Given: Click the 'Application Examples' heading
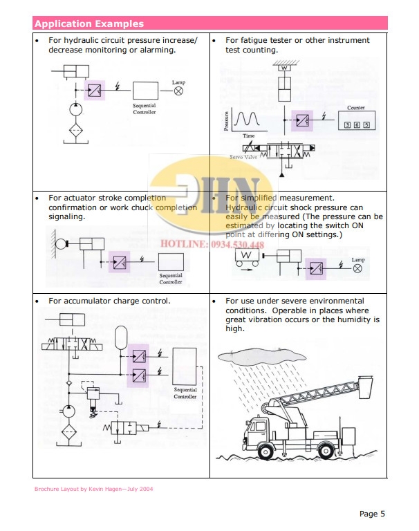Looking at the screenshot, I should [x=89, y=24].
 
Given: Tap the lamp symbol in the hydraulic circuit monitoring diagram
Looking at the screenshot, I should [x=178, y=90].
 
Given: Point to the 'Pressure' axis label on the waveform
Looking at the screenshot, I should [x=226, y=121].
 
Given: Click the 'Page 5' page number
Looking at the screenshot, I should [x=372, y=513].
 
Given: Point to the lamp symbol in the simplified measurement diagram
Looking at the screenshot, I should [x=357, y=268].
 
